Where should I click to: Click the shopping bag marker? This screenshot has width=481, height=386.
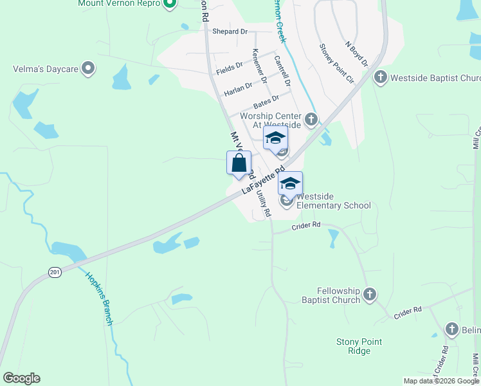coord(239,164)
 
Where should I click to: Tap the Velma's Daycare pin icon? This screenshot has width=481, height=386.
coord(88,68)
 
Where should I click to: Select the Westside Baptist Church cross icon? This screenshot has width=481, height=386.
coord(380,78)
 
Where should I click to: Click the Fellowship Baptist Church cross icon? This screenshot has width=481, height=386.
coord(369,295)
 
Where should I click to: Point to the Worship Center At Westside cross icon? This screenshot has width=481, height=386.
coord(311,119)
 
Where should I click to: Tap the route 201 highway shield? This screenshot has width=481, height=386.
coord(55,273)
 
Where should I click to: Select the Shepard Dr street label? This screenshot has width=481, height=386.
coord(230,31)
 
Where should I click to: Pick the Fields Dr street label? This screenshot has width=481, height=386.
coord(230,66)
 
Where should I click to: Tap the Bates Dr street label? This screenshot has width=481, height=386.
coord(266,102)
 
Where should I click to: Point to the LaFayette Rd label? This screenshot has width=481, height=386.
coord(263,181)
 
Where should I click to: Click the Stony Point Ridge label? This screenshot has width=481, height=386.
coord(359,346)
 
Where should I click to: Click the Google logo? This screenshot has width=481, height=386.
coord(21,378)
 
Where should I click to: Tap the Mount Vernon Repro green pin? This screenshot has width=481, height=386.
coord(170,5)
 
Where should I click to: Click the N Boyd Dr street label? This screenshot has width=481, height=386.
coord(356,55)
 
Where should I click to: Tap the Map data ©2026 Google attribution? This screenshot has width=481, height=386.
coord(441,381)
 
